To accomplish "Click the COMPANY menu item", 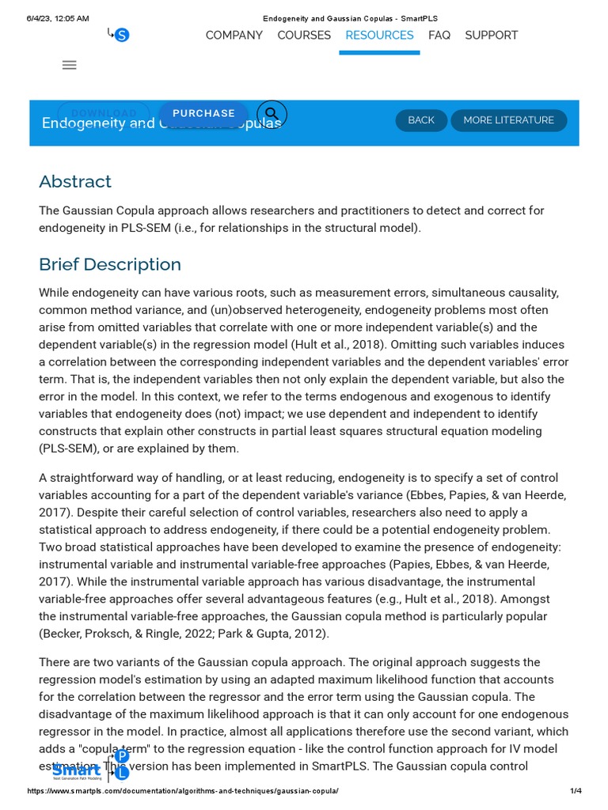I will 234,36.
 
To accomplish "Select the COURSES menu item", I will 304,36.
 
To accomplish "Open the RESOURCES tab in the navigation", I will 379,36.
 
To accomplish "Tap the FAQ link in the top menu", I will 439,36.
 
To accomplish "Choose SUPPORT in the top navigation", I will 491,36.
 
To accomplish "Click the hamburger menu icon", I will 70,66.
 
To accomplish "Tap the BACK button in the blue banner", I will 421,120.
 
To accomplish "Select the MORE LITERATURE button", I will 508,120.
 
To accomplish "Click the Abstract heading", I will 75,182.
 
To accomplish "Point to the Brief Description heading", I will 110,265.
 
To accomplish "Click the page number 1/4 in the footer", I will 576,791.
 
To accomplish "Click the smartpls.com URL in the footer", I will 183,791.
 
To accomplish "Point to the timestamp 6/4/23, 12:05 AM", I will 58,18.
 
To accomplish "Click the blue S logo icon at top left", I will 121,35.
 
